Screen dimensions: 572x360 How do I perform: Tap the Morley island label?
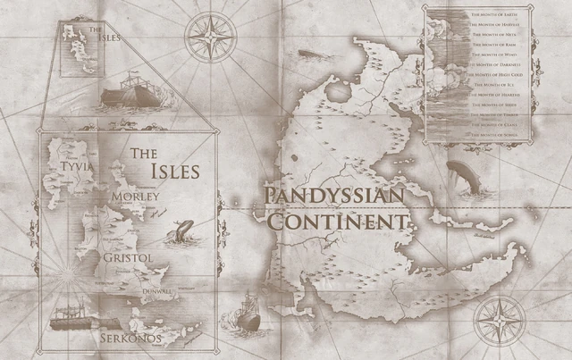(x=135, y=196)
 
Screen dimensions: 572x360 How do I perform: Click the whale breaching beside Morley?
(x=181, y=232)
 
